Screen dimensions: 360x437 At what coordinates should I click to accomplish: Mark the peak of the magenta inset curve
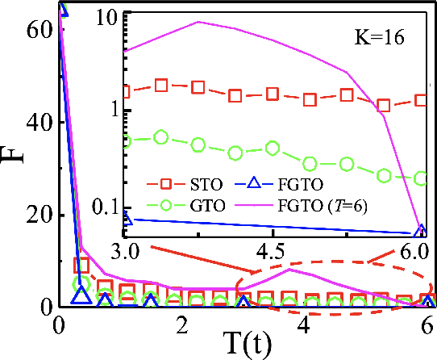198,22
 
